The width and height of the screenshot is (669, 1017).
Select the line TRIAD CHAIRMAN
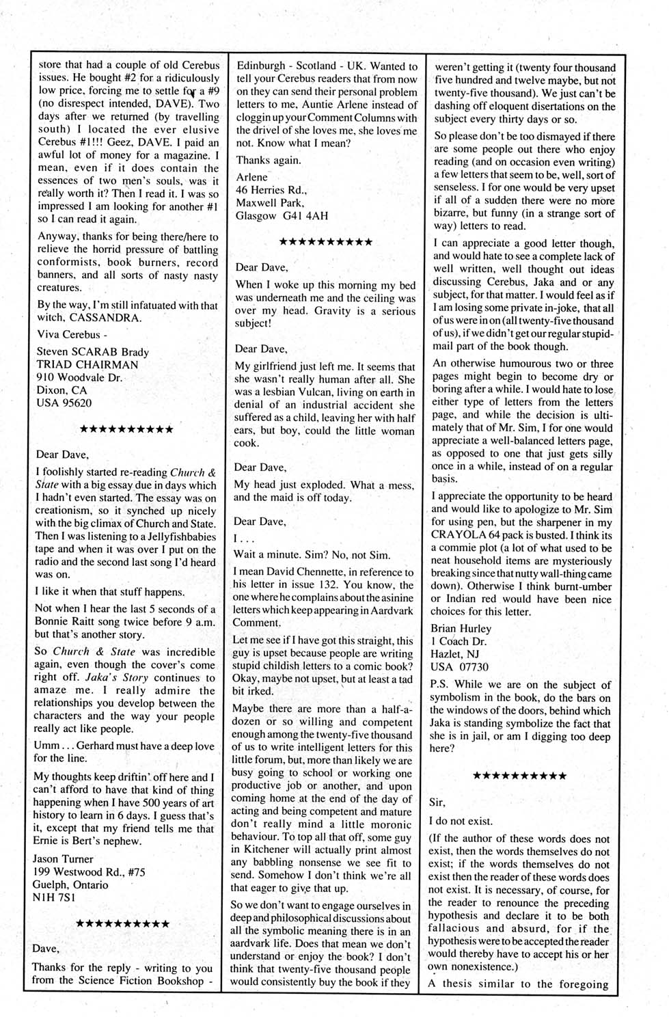click(87, 364)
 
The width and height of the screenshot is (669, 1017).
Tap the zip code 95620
click(74, 403)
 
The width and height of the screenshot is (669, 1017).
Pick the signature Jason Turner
click(64, 859)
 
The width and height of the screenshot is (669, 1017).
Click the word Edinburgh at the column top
click(260, 66)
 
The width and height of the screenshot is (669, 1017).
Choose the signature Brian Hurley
click(461, 628)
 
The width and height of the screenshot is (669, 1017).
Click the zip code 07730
click(474, 667)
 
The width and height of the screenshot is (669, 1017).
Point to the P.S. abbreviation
click(440, 685)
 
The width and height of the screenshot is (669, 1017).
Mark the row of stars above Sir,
click(519, 776)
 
